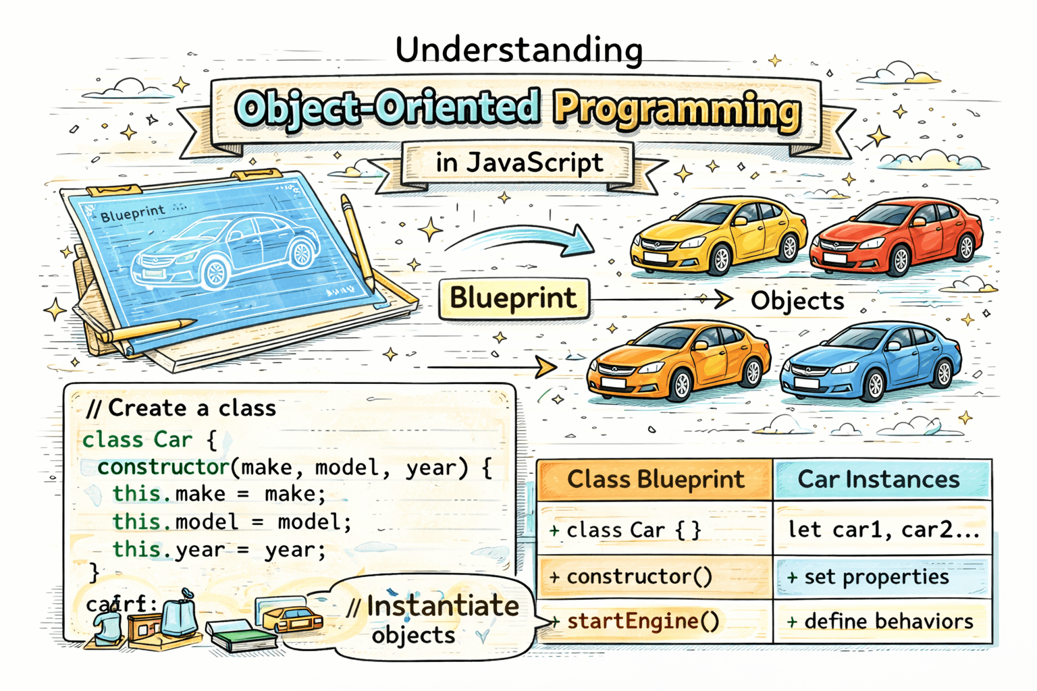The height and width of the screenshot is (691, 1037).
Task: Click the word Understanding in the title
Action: coord(518,51)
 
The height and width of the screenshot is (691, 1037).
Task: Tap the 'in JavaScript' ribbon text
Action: coord(518,163)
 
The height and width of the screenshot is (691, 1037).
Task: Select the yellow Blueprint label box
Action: coord(513,298)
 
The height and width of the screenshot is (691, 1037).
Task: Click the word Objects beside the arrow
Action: coord(797,301)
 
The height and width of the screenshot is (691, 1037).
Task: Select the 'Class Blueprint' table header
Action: coord(655,480)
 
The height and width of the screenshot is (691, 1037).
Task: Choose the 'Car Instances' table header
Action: coord(878,480)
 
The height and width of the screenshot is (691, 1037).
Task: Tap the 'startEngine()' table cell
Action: coord(643,621)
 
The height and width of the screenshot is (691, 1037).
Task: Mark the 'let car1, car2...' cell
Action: coord(883,530)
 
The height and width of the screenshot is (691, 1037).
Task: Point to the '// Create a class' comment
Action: coord(182,408)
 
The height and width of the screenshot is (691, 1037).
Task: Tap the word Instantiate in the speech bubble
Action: coord(442,606)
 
